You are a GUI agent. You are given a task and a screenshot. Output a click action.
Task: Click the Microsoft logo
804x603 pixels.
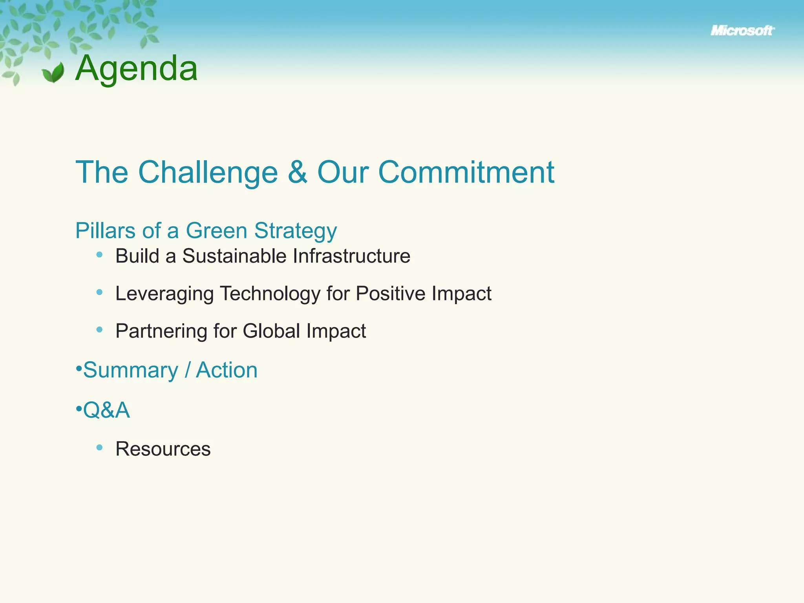pyautogui.click(x=742, y=31)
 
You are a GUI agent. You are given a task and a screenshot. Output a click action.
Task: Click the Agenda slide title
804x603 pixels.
pyautogui.click(x=136, y=68)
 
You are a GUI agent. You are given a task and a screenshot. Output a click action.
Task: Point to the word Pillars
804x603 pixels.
pyautogui.click(x=105, y=230)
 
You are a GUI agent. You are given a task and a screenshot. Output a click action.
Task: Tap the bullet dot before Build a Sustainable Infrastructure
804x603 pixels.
pyautogui.click(x=99, y=255)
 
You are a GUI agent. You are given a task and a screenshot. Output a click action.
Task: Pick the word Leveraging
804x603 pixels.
pyautogui.click(x=164, y=294)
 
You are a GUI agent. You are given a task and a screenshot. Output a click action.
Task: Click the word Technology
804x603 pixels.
pyautogui.click(x=270, y=294)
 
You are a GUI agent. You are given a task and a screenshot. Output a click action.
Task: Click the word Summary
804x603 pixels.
pyautogui.click(x=130, y=370)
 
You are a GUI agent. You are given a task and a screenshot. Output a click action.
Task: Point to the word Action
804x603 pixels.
pyautogui.click(x=227, y=370)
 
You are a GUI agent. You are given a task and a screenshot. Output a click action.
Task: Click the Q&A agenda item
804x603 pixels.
pyautogui.click(x=106, y=410)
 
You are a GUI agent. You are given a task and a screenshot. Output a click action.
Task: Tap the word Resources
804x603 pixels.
pyautogui.click(x=163, y=449)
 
